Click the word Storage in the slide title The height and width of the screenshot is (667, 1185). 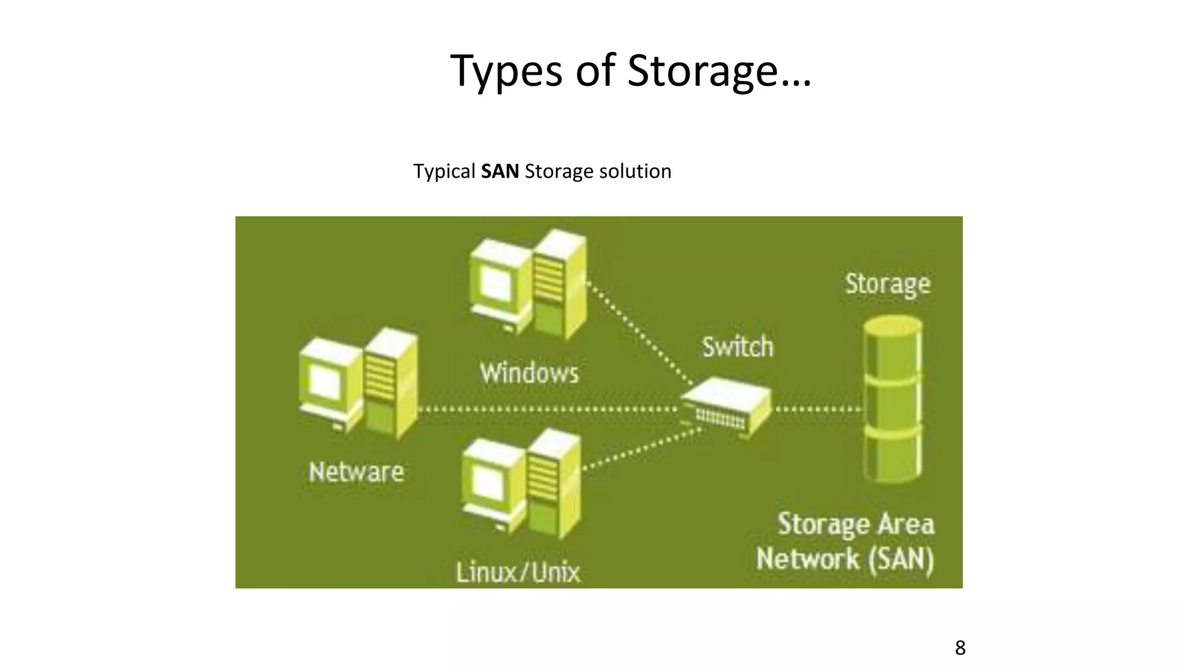(702, 71)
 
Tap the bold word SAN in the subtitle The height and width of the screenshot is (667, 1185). (500, 171)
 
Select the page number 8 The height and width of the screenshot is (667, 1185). (960, 648)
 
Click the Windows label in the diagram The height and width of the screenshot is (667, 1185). (529, 373)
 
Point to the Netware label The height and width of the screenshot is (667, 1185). (356, 472)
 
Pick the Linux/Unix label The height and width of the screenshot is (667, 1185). (518, 573)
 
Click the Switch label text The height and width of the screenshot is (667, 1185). (738, 347)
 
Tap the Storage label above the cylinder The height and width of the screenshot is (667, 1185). (888, 284)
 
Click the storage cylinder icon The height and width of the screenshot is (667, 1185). (892, 400)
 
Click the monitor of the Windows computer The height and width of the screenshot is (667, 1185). (498, 284)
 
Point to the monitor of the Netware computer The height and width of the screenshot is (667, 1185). (327, 382)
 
